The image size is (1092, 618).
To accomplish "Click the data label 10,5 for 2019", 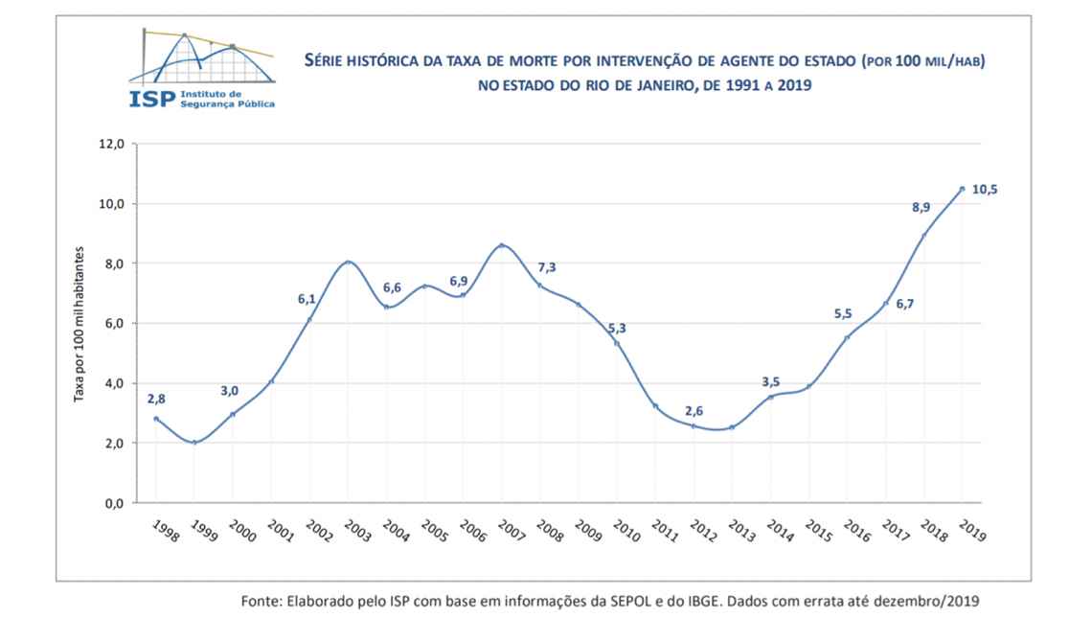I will coord(985,190).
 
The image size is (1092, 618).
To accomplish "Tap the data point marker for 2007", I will coord(501,245).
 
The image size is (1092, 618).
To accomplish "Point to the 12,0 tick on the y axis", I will coord(113,145).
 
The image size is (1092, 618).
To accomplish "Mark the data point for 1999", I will coord(194,443).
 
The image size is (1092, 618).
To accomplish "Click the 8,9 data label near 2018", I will coord(920,207).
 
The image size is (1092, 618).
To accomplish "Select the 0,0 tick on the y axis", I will coord(115,503).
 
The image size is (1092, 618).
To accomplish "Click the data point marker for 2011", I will coord(655,406).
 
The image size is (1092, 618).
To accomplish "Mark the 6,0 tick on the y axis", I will coord(115,324).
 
